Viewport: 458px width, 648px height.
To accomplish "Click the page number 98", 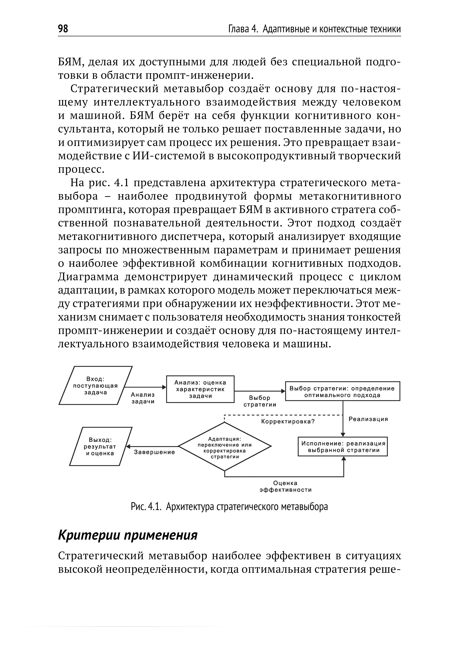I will click(x=63, y=29).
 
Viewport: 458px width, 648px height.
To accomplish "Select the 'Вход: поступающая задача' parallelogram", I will click(x=95, y=385).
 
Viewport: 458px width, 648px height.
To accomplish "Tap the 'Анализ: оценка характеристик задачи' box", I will click(x=200, y=389).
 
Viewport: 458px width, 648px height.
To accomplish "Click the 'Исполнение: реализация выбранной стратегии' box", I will click(x=343, y=447).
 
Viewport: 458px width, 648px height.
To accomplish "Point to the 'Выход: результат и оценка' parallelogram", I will click(x=100, y=446).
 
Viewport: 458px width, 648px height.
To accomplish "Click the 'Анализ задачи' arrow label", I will click(x=143, y=398).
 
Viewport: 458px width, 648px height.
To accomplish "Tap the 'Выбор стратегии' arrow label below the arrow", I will click(x=259, y=401).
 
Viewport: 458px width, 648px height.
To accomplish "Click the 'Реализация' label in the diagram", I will click(x=368, y=419).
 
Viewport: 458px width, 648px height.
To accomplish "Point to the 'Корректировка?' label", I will click(x=288, y=422).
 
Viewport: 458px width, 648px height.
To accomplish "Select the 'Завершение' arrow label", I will click(x=154, y=452).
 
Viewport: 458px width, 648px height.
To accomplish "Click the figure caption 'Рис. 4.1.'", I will click(x=146, y=507).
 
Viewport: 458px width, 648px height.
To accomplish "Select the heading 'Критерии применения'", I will click(x=128, y=535).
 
